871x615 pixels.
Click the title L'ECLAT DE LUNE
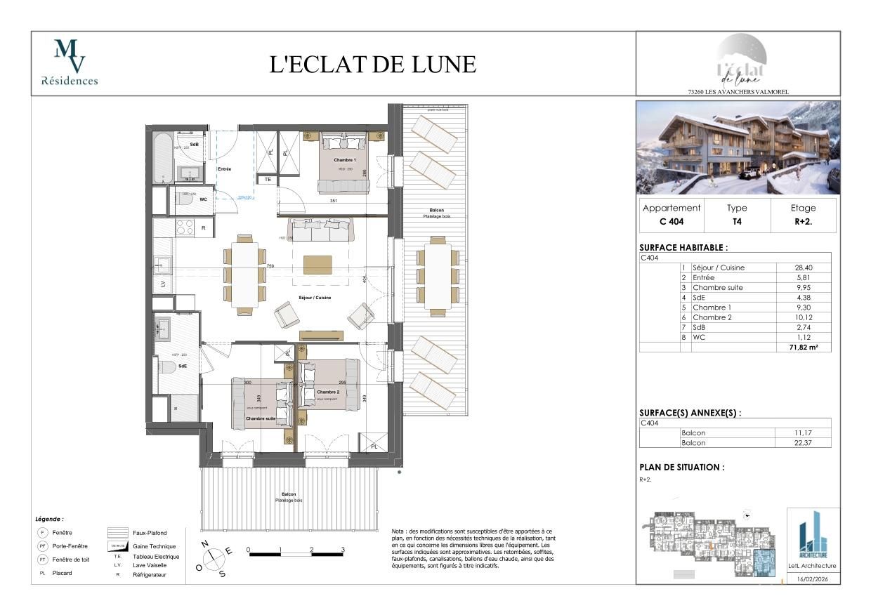click(373, 64)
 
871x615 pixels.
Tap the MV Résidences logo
click(70, 62)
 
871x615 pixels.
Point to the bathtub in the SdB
click(163, 158)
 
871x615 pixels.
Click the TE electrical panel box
click(268, 180)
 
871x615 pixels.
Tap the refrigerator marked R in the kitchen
click(203, 227)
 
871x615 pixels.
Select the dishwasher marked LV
click(163, 283)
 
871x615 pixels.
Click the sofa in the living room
click(321, 229)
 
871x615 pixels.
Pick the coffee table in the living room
click(317, 264)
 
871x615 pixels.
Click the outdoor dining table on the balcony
click(438, 276)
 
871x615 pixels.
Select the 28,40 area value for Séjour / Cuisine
click(802, 267)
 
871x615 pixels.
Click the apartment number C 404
click(672, 223)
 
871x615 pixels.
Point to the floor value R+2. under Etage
click(803, 223)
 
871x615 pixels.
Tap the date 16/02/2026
click(813, 579)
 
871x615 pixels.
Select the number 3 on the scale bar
click(343, 550)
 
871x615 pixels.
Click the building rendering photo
click(738, 148)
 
